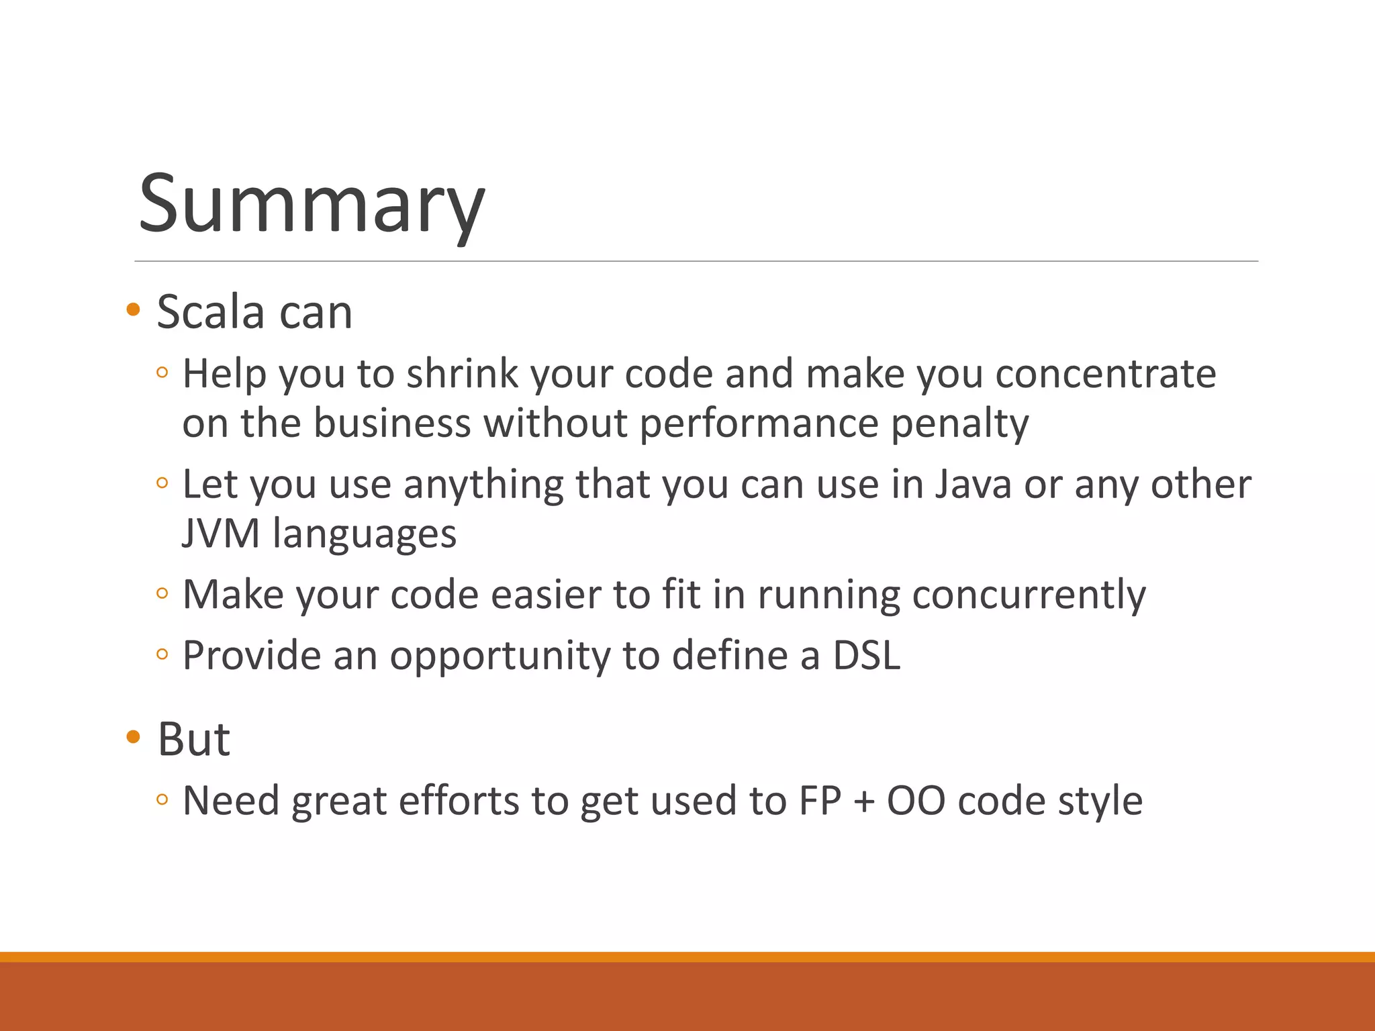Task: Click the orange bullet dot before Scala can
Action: tap(133, 309)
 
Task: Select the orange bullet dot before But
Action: tap(133, 737)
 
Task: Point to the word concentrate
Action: tap(1105, 374)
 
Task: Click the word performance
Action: tap(759, 424)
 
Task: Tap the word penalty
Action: tap(959, 424)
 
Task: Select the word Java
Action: tap(972, 484)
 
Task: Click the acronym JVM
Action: tap(221, 534)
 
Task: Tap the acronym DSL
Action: tap(866, 656)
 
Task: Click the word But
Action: tap(194, 740)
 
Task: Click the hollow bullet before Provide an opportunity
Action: tap(162, 654)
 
